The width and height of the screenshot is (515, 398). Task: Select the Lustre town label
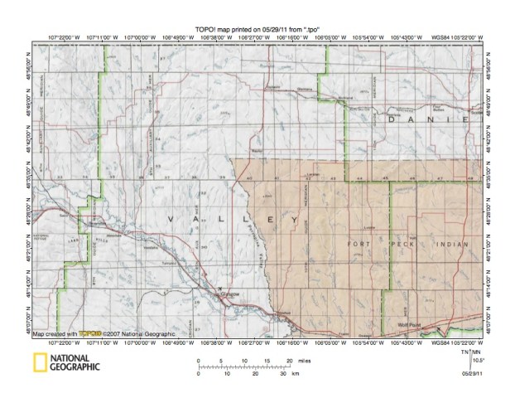313,174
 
